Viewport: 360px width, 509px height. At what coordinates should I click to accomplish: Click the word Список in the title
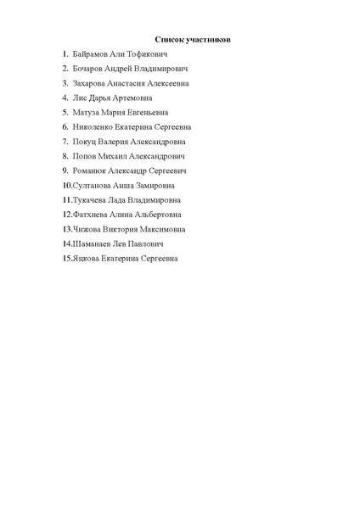[169, 39]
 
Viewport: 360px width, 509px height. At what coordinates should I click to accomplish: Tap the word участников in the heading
[208, 39]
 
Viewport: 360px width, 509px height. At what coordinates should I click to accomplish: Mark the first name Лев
[118, 243]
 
